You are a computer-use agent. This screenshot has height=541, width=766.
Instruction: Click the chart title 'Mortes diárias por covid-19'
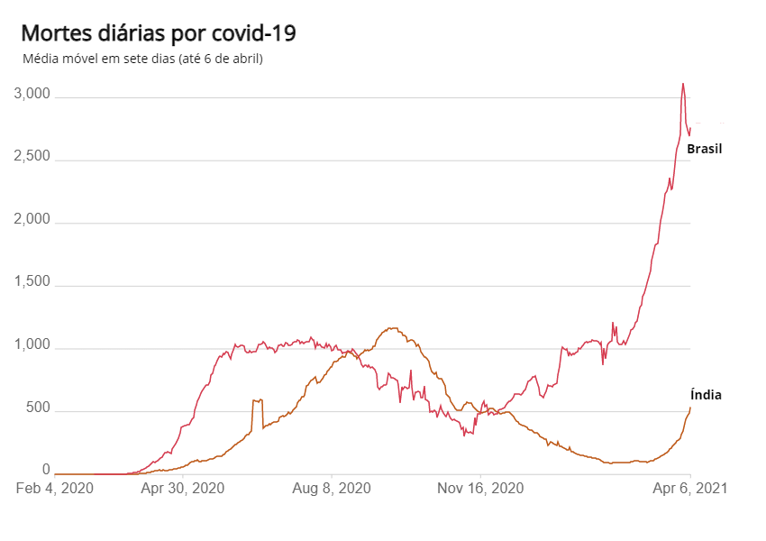158,34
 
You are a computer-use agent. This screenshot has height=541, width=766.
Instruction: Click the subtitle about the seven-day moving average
141,60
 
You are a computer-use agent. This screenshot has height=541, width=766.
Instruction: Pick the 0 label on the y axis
48,470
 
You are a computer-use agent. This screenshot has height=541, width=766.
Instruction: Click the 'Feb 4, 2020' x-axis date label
55,488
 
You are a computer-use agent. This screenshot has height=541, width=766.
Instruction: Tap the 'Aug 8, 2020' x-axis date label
332,488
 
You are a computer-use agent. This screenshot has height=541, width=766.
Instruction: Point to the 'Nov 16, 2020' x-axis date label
480,488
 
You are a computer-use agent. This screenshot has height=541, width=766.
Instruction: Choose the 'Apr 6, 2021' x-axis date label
690,488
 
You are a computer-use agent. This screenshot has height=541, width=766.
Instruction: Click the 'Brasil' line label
705,149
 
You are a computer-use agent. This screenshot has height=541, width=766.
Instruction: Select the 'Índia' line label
706,394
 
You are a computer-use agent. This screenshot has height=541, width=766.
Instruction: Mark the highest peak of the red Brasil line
683,83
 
